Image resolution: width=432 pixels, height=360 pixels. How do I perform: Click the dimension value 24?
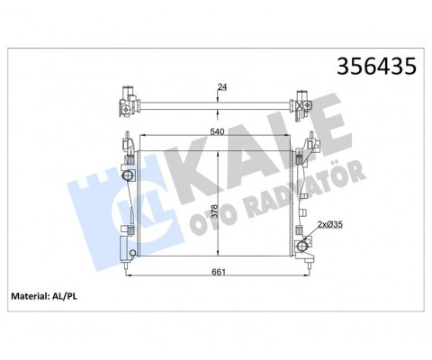coord(221,87)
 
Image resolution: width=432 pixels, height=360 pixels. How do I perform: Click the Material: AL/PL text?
coord(47,296)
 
